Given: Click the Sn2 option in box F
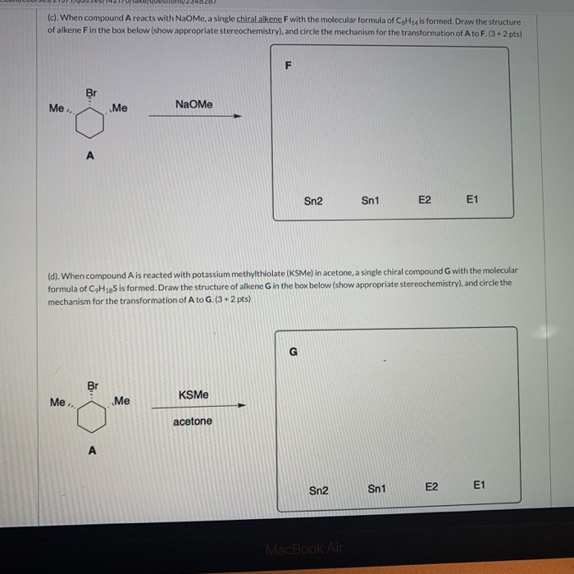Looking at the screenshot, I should click(313, 200).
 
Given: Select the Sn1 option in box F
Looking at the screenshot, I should click(371, 200).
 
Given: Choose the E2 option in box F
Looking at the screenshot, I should click(425, 199).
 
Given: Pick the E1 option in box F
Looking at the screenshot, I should click(471, 199).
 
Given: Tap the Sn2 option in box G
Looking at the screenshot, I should click(319, 490).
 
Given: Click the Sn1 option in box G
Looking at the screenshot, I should click(376, 489).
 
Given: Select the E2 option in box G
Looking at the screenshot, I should click(432, 487).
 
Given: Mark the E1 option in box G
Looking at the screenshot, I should click(480, 485).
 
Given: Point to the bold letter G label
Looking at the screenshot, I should click(293, 352).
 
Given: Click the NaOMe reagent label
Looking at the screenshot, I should click(194, 104).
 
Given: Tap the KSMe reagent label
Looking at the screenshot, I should click(193, 394).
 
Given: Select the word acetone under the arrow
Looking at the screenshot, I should click(193, 421).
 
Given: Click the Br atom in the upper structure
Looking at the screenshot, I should click(91, 93).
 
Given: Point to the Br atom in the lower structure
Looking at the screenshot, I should click(93, 385).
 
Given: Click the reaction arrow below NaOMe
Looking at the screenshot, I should click(194, 116).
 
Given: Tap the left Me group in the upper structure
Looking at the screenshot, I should click(57, 108).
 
